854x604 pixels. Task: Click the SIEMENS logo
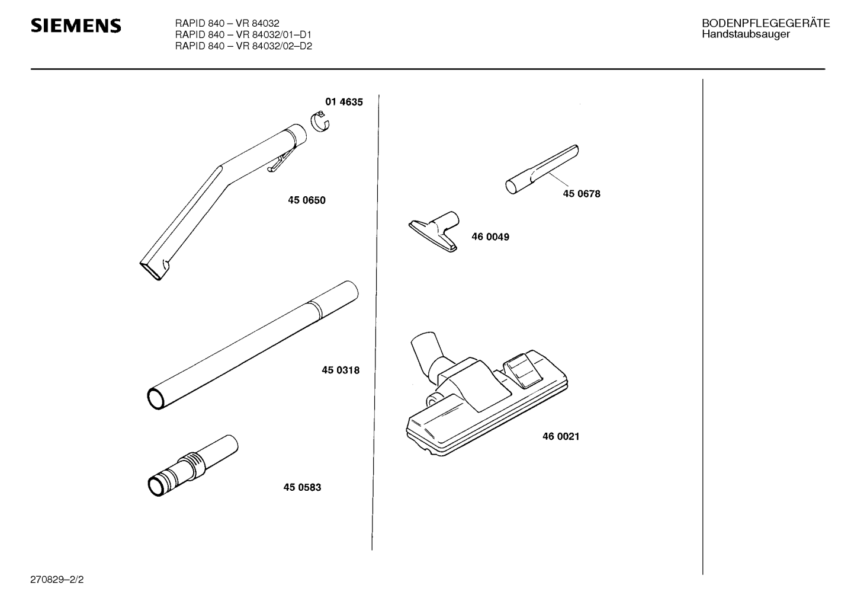tap(76, 25)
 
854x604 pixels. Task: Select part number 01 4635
tap(344, 102)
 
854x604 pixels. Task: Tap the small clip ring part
tap(320, 122)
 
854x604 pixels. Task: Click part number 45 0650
tap(307, 200)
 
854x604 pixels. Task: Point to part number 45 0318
tap(341, 370)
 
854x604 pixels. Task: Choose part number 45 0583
tap(302, 487)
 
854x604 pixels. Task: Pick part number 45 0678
tap(582, 194)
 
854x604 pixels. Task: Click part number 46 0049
tap(490, 237)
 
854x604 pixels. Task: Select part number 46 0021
tap(561, 436)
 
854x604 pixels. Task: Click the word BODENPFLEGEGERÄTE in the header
tap(766, 23)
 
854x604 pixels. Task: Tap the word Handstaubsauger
tap(746, 34)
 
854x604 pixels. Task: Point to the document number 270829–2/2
tap(57, 580)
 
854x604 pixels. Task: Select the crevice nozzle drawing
tap(542, 169)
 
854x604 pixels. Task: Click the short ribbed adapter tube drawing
tap(193, 465)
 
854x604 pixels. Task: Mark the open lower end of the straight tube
tap(156, 399)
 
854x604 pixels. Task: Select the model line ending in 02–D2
tap(243, 46)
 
